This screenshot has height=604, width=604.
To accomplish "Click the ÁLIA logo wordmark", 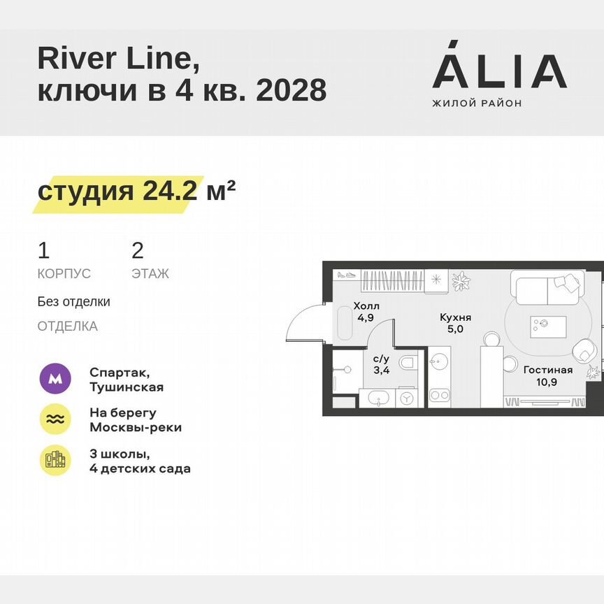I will [499, 70].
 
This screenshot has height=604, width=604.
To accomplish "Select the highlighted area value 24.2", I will [170, 191].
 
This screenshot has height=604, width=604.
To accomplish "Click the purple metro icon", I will [55, 380].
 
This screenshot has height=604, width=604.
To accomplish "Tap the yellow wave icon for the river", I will [55, 419].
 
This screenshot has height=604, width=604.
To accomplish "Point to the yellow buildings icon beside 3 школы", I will [55, 460].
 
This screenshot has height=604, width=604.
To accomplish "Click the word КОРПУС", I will [64, 274].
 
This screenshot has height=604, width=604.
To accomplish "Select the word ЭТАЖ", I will [150, 274].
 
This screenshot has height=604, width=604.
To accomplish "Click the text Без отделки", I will [74, 302].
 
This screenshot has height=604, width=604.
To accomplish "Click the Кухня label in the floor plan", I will [455, 317].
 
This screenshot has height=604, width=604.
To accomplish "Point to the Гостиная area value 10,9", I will [547, 382].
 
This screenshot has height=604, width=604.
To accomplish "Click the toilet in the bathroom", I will [409, 363].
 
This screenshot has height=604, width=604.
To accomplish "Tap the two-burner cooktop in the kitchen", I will [439, 396].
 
